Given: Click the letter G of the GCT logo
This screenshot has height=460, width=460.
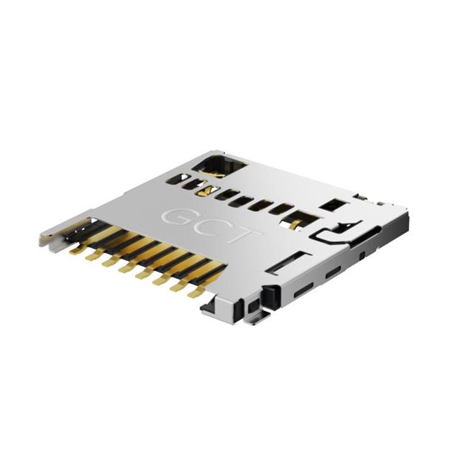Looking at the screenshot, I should tap(177, 216).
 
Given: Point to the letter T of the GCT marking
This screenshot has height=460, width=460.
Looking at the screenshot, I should tap(246, 237).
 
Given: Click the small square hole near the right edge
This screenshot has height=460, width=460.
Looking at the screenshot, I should tap(331, 205).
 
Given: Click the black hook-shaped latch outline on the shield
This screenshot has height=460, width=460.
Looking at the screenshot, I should tap(332, 231).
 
